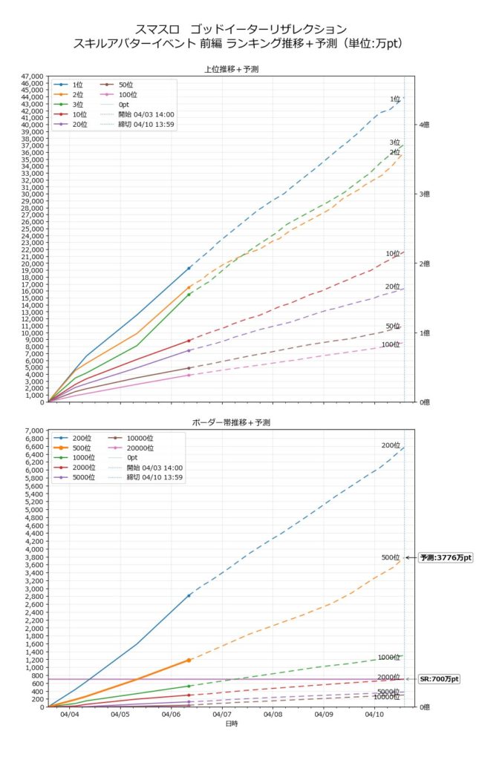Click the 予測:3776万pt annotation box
pos(446,557)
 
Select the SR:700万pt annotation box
pos(439,679)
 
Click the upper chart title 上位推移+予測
pos(230,69)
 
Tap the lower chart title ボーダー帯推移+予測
pos(230,422)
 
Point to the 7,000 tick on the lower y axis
pos(36,430)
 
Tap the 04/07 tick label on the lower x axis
pos(221,715)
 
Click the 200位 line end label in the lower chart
pos(391,445)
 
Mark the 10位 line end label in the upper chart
pos(393,254)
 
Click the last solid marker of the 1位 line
pos(189,268)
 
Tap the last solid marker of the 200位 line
pos(189,595)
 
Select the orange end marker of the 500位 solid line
pos(189,660)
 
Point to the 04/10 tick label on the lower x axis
pos(374,715)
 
